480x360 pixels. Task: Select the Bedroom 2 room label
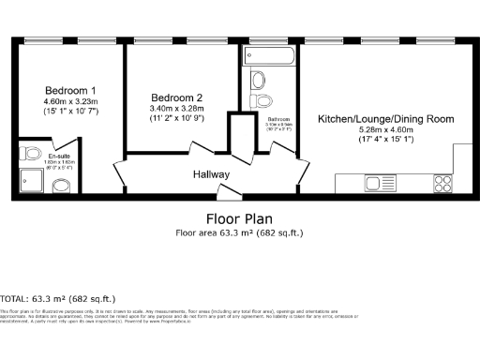pyautogui.click(x=177, y=97)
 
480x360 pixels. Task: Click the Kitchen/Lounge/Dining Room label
pyautogui.click(x=386, y=120)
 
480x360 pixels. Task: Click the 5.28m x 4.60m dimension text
pyautogui.click(x=386, y=131)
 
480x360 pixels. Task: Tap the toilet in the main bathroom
pyautogui.click(x=263, y=101)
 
